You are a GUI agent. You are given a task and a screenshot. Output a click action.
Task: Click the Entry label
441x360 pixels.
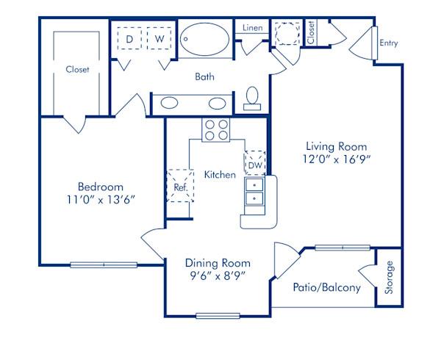tap(388, 43)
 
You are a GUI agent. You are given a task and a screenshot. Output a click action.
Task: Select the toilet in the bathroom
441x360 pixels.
tap(252, 98)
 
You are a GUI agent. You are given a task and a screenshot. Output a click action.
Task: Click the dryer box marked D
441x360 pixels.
tap(129, 38)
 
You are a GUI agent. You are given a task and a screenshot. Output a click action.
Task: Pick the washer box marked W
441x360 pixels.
tap(157, 38)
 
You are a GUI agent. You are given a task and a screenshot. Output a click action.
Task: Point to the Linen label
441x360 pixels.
tap(252, 28)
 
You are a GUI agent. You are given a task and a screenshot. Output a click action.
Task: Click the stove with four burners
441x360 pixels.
tap(215, 129)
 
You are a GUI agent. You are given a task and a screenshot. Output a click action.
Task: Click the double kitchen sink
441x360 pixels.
tap(254, 194)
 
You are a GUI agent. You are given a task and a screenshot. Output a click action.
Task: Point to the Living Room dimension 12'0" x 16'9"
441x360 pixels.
tap(336, 159)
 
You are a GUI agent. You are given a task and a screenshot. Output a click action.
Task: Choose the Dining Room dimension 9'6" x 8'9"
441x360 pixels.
tap(217, 276)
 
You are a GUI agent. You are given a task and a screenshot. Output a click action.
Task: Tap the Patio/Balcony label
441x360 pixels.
tap(326, 287)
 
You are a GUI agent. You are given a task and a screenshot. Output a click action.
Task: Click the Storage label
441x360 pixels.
tap(390, 278)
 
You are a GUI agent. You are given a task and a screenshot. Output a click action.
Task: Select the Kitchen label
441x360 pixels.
tap(220, 175)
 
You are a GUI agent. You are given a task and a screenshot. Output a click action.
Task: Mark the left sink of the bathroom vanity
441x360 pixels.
tap(169, 103)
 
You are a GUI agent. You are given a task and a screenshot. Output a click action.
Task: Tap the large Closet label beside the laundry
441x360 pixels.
tap(77, 70)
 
